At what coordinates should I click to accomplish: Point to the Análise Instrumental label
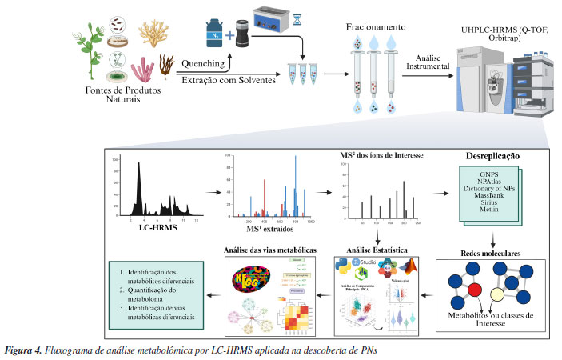pos(428,62)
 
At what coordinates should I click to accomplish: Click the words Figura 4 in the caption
pos(24,350)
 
